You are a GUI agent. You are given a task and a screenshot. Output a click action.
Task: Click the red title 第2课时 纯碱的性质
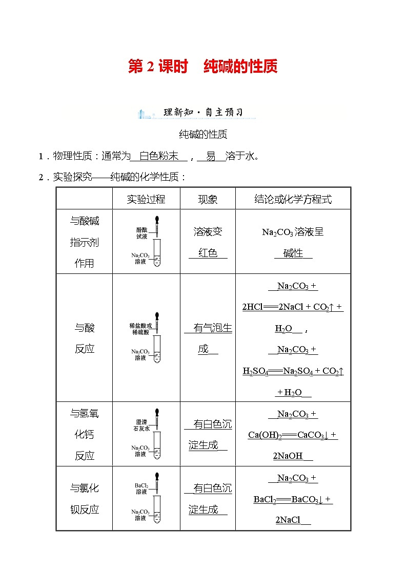[202, 67]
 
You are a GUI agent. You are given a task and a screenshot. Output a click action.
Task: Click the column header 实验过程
[146, 199]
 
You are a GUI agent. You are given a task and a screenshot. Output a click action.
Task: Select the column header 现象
[208, 199]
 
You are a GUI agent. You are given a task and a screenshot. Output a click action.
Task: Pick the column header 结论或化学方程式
[293, 199]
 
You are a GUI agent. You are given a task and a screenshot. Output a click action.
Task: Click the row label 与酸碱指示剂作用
[85, 242]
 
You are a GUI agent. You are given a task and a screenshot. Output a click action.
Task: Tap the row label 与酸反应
[85, 338]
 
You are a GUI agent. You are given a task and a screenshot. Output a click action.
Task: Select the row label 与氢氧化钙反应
[85, 434]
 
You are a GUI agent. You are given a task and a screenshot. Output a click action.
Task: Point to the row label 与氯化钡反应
[85, 499]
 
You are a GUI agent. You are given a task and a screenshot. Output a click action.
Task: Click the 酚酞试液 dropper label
[141, 233]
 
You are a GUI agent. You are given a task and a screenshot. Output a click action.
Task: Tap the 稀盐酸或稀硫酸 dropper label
[140, 329]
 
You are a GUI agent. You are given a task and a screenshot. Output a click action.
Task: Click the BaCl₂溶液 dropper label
[141, 488]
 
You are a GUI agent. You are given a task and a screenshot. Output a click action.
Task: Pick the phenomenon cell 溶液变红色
[208, 242]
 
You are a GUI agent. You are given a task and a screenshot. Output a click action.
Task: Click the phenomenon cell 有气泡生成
[208, 338]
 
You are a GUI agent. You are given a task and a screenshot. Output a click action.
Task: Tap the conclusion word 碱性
[293, 253]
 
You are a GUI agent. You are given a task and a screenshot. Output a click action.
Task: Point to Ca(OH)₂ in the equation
[265, 435]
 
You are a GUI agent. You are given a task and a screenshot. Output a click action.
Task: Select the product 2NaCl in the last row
[288, 520]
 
